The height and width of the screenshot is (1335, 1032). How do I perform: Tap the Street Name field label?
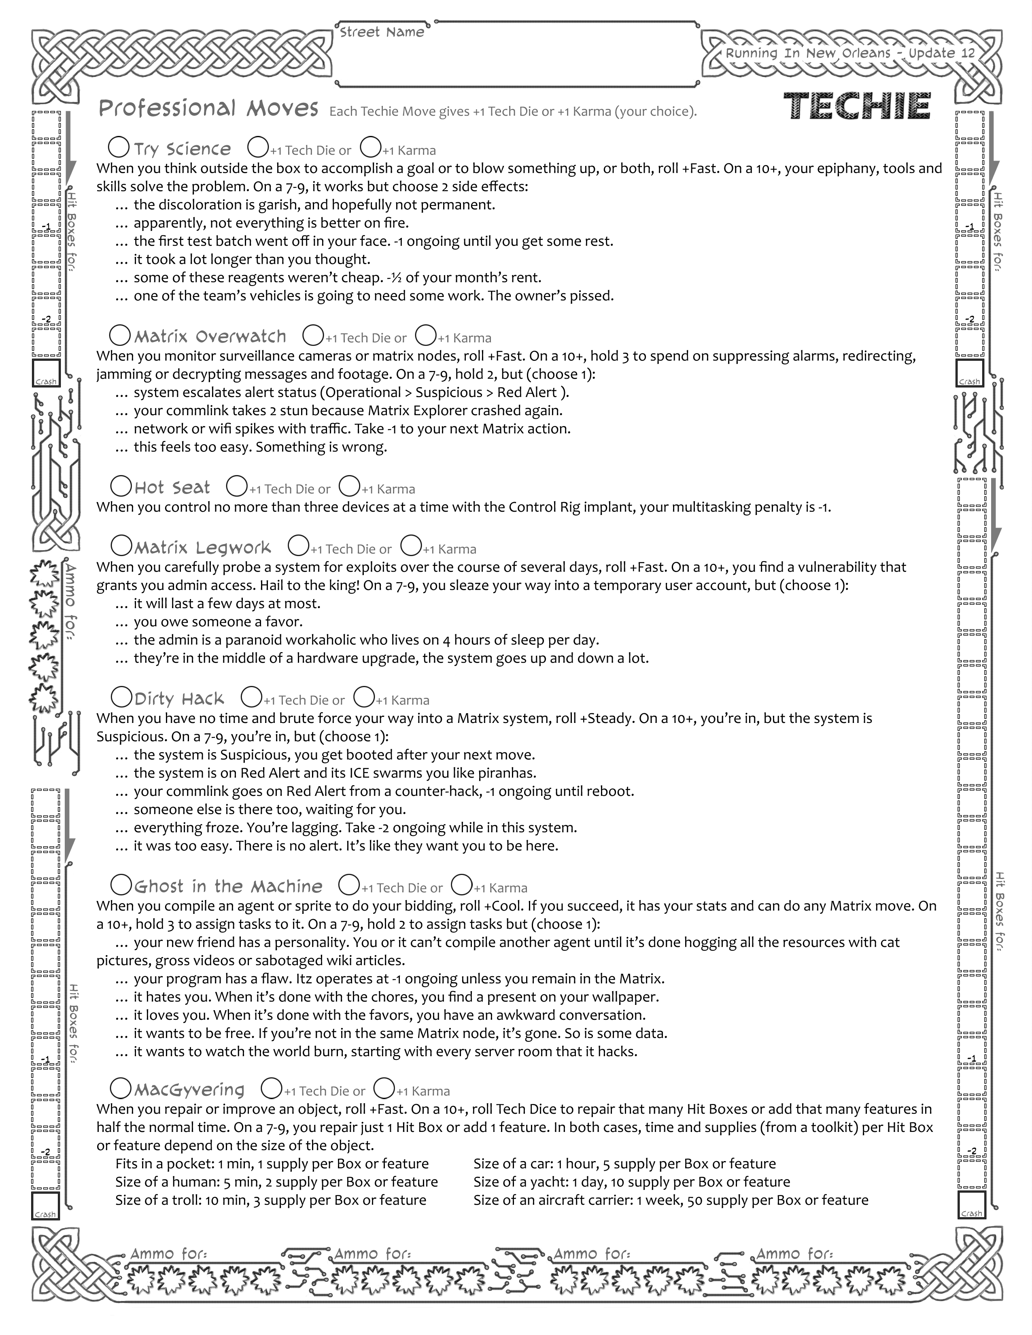[x=382, y=32]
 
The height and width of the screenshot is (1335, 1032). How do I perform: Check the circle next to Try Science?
[x=119, y=147]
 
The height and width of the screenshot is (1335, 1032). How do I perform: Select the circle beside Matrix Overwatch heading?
[x=120, y=335]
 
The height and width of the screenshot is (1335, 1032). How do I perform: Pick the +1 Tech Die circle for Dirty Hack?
[x=251, y=697]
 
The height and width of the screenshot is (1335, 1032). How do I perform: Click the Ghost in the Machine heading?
[x=228, y=886]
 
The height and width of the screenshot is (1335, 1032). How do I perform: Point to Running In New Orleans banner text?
[x=850, y=53]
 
